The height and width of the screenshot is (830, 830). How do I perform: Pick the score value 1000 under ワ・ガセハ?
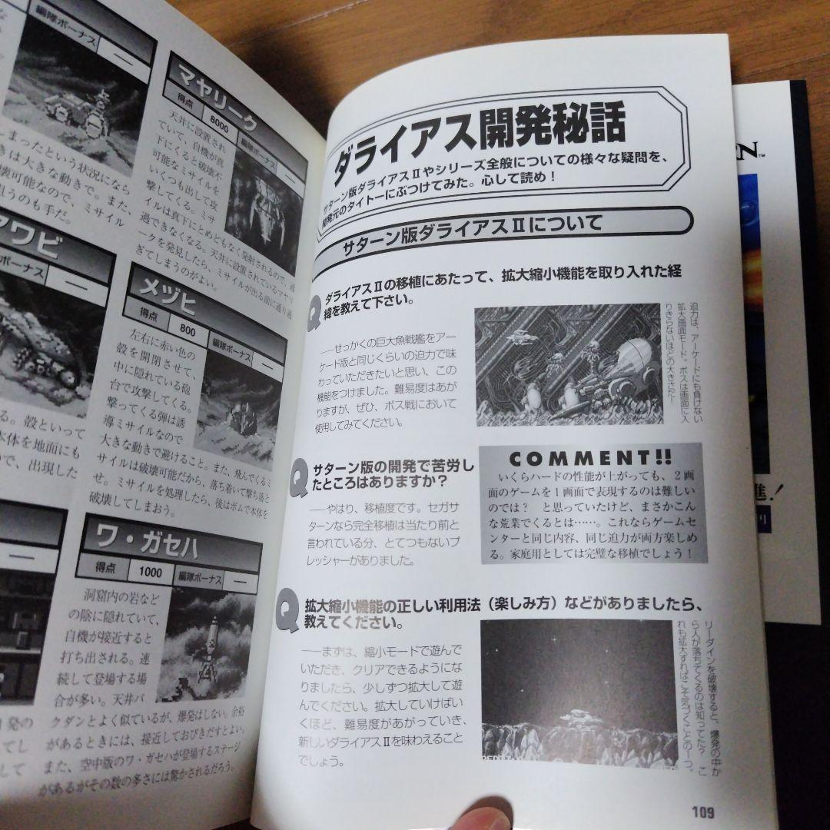coord(151,572)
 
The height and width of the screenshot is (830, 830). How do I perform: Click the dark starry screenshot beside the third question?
coord(577,692)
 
